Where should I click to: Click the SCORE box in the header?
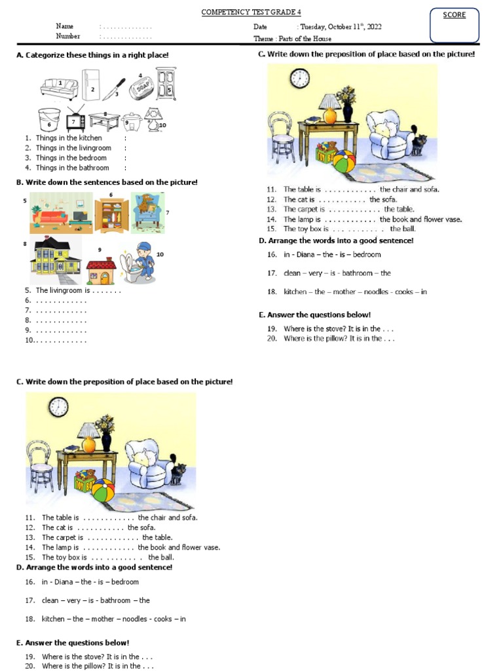[455, 24]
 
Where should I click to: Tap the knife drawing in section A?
[114, 88]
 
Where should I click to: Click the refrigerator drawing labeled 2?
[90, 85]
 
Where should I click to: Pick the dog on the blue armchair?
[147, 212]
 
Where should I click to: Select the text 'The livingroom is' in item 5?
[63, 290]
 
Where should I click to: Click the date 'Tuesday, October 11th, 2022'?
[341, 27]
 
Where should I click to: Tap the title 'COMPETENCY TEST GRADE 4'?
[246, 13]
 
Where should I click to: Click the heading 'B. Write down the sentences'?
[107, 182]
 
